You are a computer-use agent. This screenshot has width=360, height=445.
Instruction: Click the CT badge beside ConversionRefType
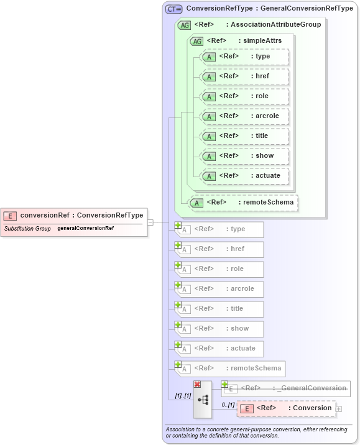(x=173, y=9)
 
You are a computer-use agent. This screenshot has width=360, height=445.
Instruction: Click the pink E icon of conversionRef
(x=10, y=216)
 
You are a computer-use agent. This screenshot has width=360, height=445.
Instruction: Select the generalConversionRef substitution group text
(x=85, y=228)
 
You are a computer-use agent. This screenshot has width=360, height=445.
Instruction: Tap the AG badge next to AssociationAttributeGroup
(x=184, y=25)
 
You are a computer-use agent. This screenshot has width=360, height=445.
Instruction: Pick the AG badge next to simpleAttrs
(x=196, y=41)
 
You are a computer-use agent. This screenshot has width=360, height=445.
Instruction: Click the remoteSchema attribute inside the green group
(x=244, y=203)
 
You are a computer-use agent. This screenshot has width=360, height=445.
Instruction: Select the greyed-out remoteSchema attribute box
(x=230, y=369)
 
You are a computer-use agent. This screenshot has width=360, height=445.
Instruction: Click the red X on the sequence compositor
(x=197, y=385)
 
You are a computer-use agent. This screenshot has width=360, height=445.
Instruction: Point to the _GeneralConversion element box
(x=287, y=388)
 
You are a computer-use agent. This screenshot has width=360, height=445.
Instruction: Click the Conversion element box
(x=286, y=408)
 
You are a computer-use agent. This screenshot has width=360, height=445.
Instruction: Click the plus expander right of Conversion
(x=339, y=408)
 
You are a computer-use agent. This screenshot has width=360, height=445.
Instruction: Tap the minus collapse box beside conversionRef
(x=150, y=222)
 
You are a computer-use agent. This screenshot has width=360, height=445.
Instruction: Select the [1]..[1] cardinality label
(x=183, y=396)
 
